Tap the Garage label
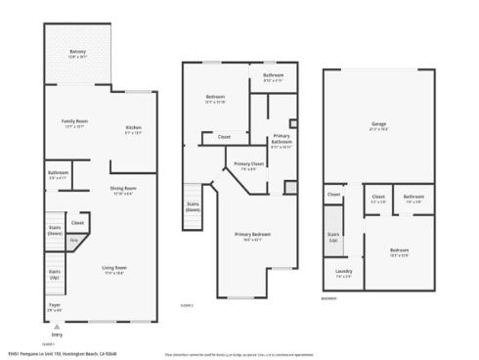(x=378, y=124)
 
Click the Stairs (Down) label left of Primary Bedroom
(x=194, y=206)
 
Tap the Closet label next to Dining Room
(x=77, y=223)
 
